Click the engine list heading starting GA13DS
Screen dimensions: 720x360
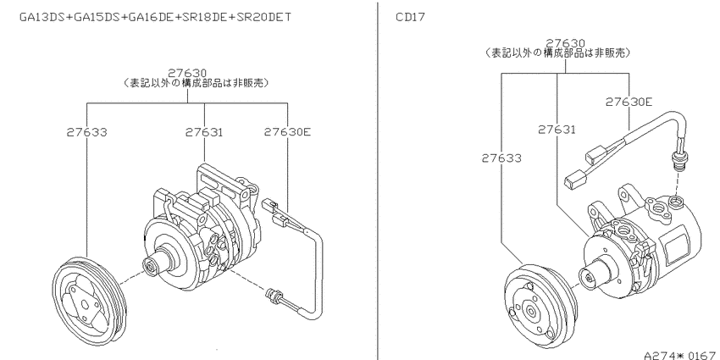coord(155,17)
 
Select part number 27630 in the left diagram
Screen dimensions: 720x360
coord(187,73)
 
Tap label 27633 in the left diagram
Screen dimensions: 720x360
coord(86,132)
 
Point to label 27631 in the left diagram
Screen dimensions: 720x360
coord(204,132)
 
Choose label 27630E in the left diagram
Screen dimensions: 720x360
coord(287,132)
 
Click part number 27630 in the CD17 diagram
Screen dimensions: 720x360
coord(565,43)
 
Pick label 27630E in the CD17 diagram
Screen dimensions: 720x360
coord(629,102)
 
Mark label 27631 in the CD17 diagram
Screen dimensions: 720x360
coord(557,130)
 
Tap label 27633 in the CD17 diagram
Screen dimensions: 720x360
coord(501,158)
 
